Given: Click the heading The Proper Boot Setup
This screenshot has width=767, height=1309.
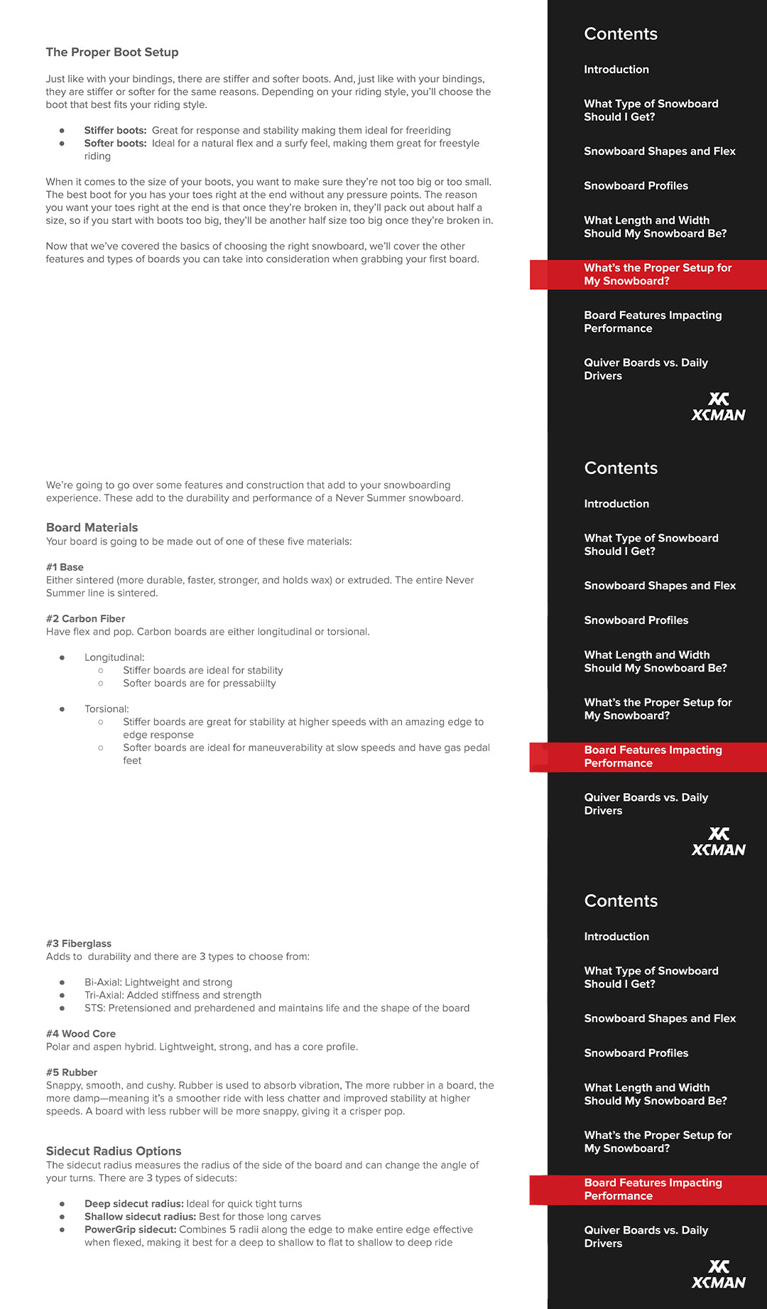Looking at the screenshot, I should coord(112,52).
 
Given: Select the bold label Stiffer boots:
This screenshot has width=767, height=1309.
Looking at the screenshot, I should coord(115,130).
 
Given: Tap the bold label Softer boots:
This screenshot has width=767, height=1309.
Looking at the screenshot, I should coord(115,143).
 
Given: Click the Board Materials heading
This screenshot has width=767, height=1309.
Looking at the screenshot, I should coord(92,527).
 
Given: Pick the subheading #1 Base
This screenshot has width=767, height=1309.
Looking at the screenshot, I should coord(65,567).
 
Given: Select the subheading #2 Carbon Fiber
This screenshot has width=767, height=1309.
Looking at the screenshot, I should coord(85,618).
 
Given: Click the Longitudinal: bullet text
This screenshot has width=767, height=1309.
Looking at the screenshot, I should coord(114,657).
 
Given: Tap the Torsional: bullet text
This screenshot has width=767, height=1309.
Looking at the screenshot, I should coord(107,709).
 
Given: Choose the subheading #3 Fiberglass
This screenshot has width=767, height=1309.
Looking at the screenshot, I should coord(79,944).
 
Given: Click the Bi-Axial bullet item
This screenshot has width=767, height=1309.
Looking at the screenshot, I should coord(158,982).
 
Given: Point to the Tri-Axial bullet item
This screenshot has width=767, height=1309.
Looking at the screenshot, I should coord(173,995).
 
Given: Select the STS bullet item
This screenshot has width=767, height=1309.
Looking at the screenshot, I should coord(277,1008).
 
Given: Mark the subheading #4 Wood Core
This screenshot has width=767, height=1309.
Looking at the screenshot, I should coord(81,1033).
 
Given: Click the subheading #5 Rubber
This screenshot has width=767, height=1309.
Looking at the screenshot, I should coord(72,1072).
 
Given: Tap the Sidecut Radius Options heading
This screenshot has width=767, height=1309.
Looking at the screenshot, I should coord(114,1151).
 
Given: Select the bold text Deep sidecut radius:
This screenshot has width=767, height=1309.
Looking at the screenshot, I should coord(134,1204).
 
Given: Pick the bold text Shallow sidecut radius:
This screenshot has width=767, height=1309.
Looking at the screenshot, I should coord(140,1217).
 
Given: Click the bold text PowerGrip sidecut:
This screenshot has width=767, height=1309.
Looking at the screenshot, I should coord(130,1229).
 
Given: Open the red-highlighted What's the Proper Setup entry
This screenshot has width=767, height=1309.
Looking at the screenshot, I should coord(657,274).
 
